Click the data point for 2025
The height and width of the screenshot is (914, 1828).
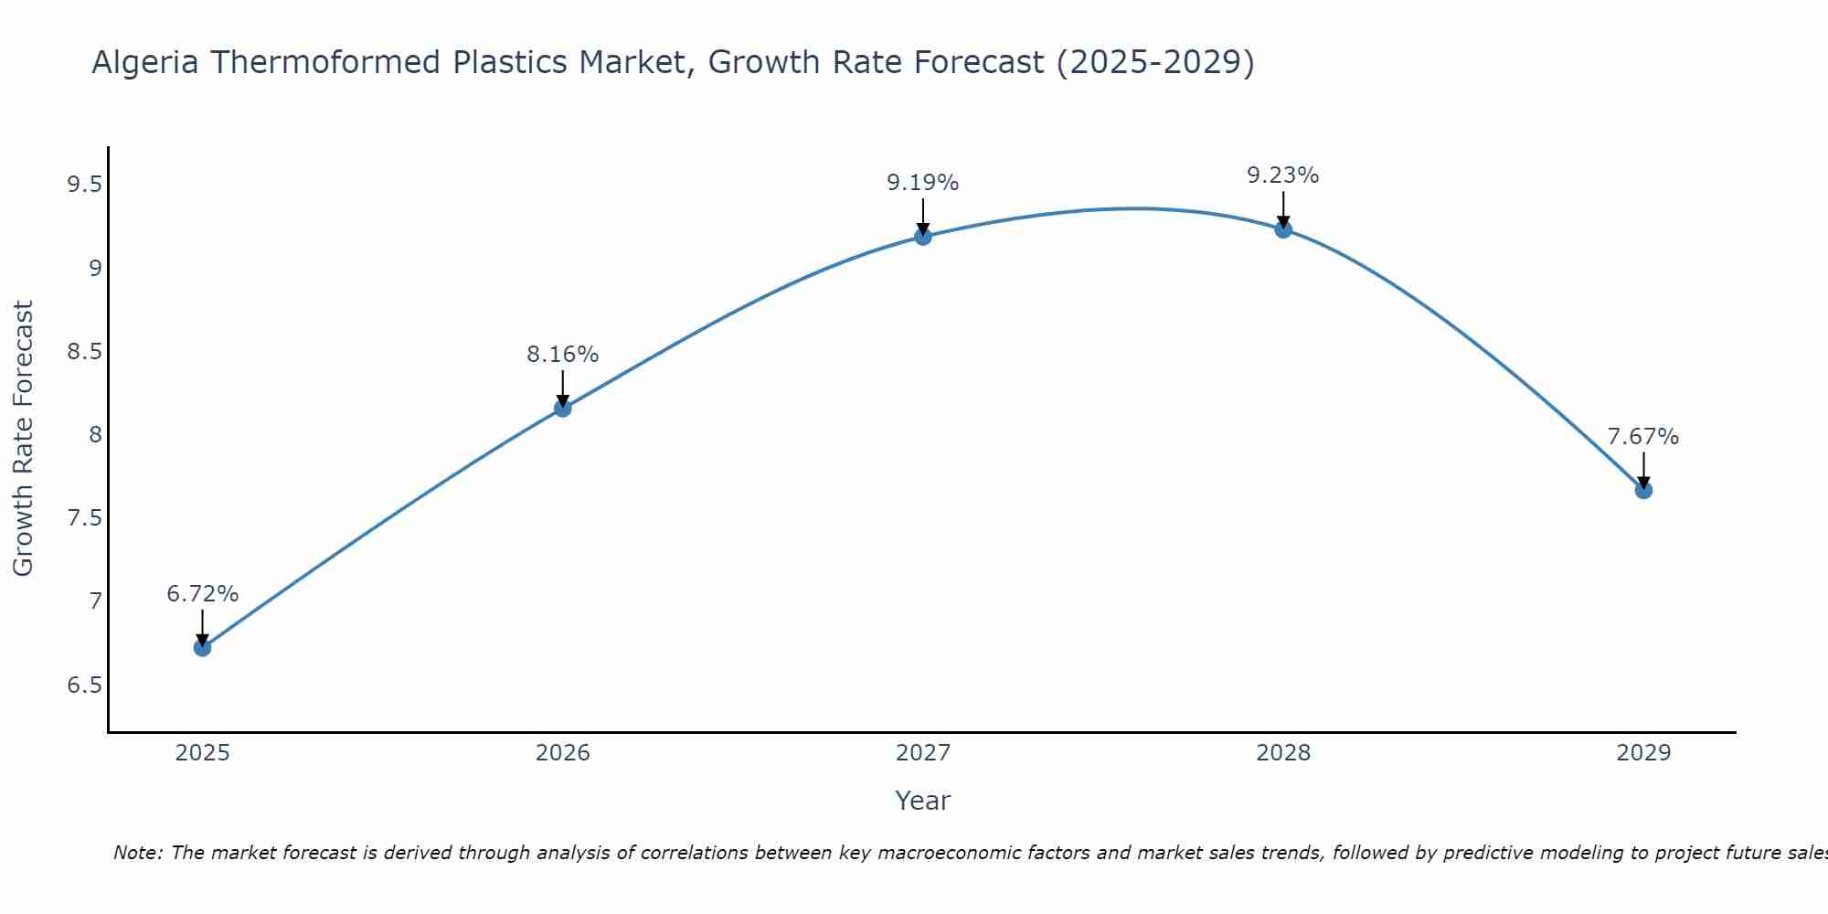tap(202, 647)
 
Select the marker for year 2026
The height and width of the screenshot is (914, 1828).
tap(563, 408)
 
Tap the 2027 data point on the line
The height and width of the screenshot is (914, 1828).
tap(923, 237)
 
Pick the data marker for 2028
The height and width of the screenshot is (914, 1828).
tap(1283, 229)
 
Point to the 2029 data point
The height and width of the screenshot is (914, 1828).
tap(1643, 490)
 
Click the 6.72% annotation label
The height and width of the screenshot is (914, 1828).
tap(202, 594)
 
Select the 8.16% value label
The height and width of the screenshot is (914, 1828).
tap(562, 355)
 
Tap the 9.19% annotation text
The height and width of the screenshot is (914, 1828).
tap(922, 183)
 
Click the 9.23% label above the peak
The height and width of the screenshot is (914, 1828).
tap(1282, 175)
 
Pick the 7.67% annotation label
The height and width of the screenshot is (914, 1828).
tap(1642, 437)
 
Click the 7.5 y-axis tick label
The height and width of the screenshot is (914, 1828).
tap(84, 518)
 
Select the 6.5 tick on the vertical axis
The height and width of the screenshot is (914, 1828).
tap(84, 685)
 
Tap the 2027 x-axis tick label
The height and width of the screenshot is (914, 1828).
tap(923, 753)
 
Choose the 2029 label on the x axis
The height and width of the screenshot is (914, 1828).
tap(1643, 753)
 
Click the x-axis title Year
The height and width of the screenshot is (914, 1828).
tap(922, 801)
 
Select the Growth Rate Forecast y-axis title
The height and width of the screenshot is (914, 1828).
tap(24, 438)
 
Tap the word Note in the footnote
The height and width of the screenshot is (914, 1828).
tap(137, 853)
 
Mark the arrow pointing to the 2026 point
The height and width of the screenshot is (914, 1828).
tap(563, 388)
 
